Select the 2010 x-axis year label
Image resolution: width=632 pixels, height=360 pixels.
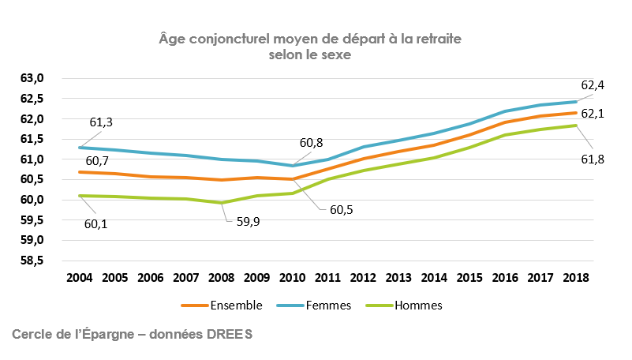tap(294, 279)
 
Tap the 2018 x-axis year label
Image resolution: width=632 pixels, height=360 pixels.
tap(578, 279)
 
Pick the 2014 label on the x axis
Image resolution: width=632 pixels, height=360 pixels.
tap(436, 279)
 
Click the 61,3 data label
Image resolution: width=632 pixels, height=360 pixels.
tap(100, 122)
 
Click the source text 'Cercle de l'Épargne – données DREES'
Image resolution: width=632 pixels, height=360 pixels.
tap(133, 335)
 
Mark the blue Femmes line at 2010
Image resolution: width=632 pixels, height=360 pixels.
tap(294, 166)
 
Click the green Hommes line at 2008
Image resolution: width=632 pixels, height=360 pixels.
tap(222, 203)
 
